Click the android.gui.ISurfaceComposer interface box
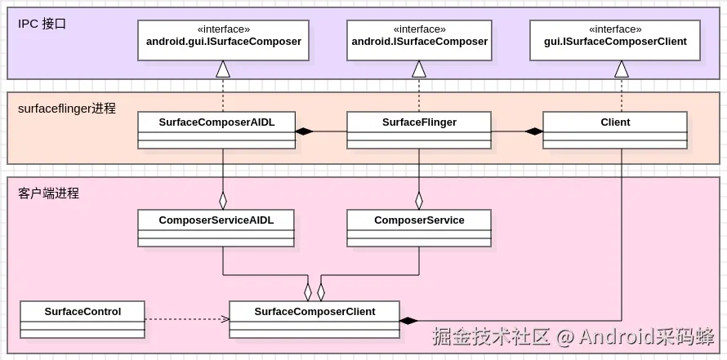pyautogui.click(x=223, y=41)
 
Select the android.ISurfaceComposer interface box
pyautogui.click(x=419, y=41)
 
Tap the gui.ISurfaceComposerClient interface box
pyautogui.click(x=615, y=41)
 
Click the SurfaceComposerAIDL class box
pyautogui.click(x=216, y=130)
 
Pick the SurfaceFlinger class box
pyautogui.click(x=419, y=130)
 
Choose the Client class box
pyautogui.click(x=615, y=130)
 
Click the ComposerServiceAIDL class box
pyautogui.click(x=216, y=228)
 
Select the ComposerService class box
pyautogui.click(x=419, y=228)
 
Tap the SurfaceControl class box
pyautogui.click(x=83, y=319)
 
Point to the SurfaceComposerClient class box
pyautogui.click(x=314, y=319)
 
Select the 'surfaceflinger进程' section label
pyautogui.click(x=67, y=108)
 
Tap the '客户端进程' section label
pyautogui.click(x=49, y=193)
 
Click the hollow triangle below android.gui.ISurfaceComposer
pyautogui.click(x=223, y=69)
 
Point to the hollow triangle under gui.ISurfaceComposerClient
pyautogui.click(x=622, y=69)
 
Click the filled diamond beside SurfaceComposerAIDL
pyautogui.click(x=305, y=131)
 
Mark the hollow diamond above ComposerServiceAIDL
pyautogui.click(x=223, y=200)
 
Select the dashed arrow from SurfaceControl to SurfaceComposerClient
pyautogui.click(x=187, y=319)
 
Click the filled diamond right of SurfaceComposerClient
pyautogui.click(x=408, y=321)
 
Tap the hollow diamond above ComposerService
pyautogui.click(x=419, y=200)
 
